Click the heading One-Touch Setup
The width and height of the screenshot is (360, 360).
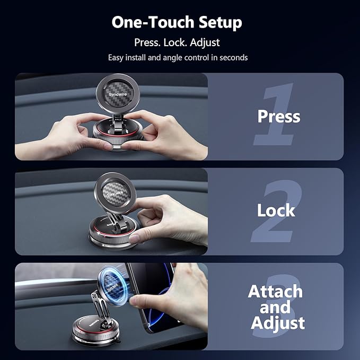click(177, 23)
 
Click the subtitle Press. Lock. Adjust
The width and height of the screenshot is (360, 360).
click(177, 42)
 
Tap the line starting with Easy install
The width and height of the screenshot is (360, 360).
click(178, 57)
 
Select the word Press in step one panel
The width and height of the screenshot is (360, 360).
click(278, 116)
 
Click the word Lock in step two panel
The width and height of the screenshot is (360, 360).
click(276, 210)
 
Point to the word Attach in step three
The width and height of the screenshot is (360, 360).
click(275, 291)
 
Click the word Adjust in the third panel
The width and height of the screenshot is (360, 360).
click(278, 322)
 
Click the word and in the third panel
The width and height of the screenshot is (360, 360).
click(275, 307)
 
